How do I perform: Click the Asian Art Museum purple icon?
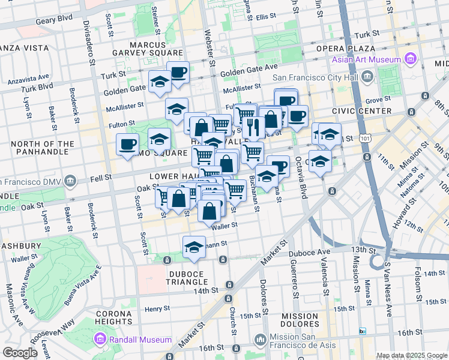411,59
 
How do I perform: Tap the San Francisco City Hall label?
316,77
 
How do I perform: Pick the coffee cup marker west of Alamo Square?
127,144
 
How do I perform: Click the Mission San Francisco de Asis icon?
260,340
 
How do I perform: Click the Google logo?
20,353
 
